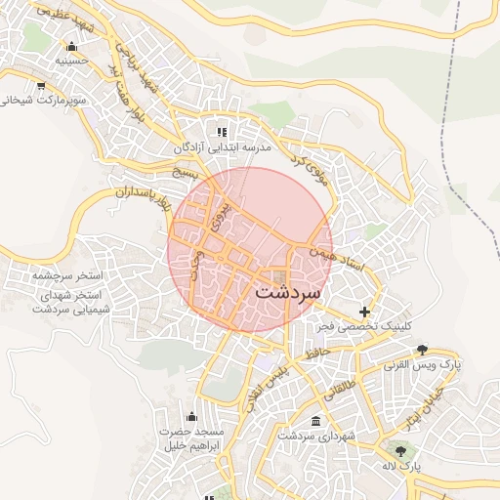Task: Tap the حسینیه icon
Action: pyautogui.click(x=70, y=46)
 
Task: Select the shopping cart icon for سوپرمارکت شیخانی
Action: pyautogui.click(x=40, y=85)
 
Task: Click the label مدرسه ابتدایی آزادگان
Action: pyautogui.click(x=222, y=146)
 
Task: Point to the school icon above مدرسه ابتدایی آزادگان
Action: pyautogui.click(x=222, y=132)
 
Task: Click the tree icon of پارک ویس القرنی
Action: pyautogui.click(x=423, y=350)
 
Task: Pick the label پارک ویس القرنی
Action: pyautogui.click(x=423, y=364)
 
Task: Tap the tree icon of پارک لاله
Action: pyautogui.click(x=400, y=450)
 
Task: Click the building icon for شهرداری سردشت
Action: pyautogui.click(x=314, y=421)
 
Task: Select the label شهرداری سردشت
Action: pyautogui.click(x=314, y=436)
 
